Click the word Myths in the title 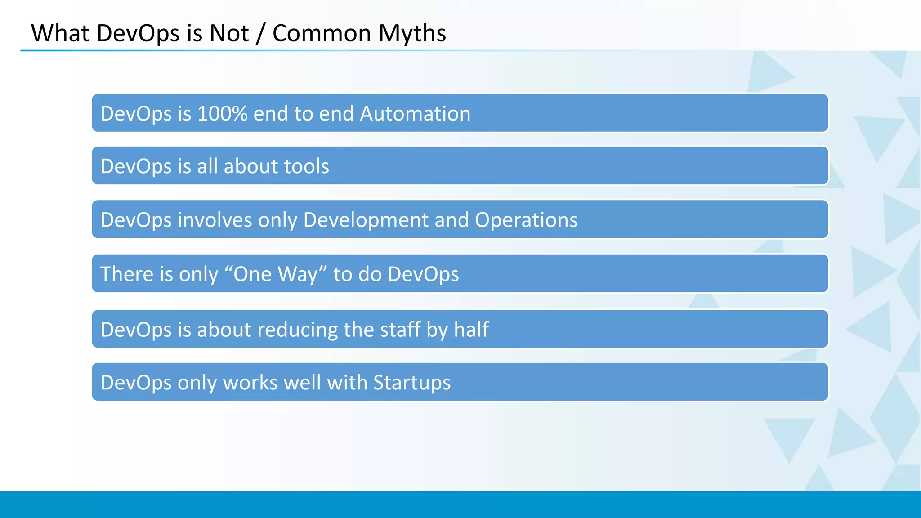[412, 34]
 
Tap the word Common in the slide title [322, 34]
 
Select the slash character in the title [260, 34]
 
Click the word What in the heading [60, 34]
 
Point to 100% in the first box [222, 114]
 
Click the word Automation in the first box [415, 114]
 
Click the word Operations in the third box [526, 220]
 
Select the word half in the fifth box [471, 329]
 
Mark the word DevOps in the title [138, 34]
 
